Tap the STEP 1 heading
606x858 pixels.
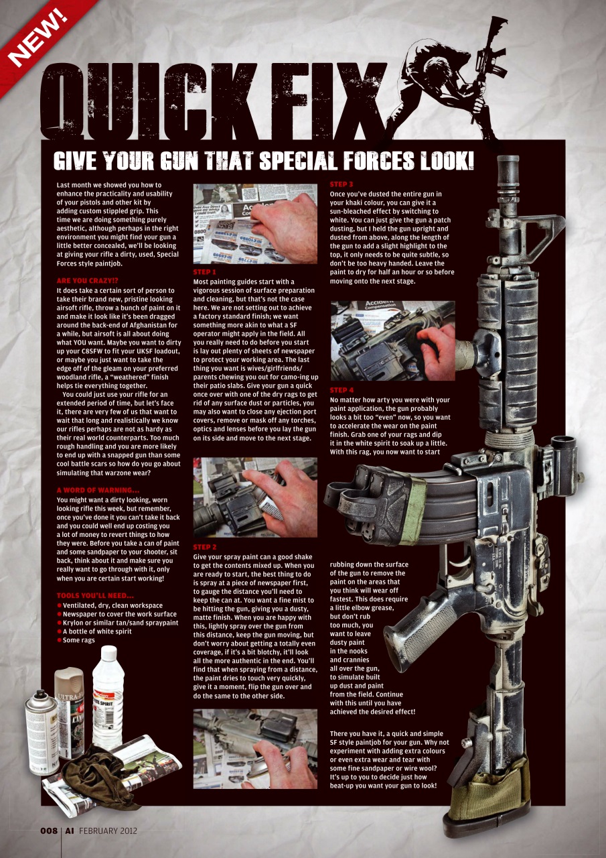click(x=204, y=272)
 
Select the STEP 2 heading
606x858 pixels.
click(x=204, y=548)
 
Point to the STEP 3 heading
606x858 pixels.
click(x=342, y=184)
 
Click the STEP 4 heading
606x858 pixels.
click(x=342, y=390)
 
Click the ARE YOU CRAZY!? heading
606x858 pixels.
click(x=88, y=282)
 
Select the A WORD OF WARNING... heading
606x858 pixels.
click(x=98, y=490)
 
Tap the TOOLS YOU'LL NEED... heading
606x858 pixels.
click(x=95, y=596)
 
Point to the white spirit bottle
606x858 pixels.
click(x=107, y=697)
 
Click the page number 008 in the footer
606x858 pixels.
click(x=48, y=831)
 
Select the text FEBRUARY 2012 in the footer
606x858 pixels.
click(x=108, y=831)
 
